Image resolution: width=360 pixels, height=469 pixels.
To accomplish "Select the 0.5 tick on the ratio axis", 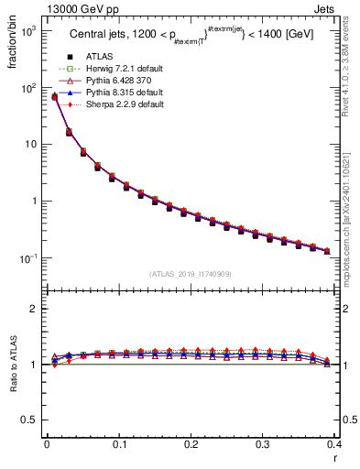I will click(x=31, y=420).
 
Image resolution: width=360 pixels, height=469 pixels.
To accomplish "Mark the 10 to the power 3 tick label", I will click(x=27, y=31).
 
